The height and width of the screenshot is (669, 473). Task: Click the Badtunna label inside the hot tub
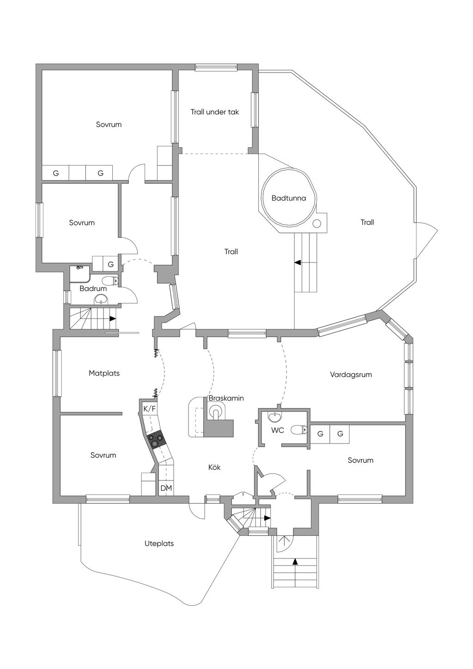(288, 198)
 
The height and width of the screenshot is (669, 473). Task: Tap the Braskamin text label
(226, 398)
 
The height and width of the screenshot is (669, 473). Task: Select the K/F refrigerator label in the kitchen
(150, 408)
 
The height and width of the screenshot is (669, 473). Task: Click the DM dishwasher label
(166, 488)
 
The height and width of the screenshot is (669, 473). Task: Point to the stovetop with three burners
(156, 439)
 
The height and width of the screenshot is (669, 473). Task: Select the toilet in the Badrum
(110, 280)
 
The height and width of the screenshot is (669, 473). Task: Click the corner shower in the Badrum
(79, 273)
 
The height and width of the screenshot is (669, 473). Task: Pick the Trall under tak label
(215, 112)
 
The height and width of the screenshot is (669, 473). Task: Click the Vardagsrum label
(351, 375)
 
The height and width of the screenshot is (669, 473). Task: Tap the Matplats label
(104, 373)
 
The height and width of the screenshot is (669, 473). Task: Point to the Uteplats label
(159, 543)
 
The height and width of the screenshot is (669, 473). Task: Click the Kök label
(214, 467)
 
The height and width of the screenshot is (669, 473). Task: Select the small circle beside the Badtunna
(317, 224)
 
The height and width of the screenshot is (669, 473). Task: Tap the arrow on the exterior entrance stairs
(295, 562)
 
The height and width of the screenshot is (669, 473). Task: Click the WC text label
(278, 430)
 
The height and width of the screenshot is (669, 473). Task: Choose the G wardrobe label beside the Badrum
(110, 264)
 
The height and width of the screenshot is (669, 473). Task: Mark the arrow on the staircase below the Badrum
(112, 318)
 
